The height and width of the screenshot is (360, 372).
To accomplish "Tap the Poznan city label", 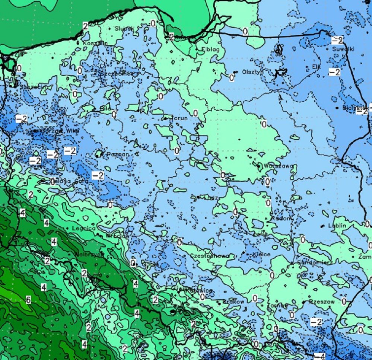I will (x=118, y=154).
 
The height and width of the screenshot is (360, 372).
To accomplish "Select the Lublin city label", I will (x=337, y=226).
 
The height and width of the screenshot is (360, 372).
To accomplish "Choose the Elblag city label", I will (x=210, y=49).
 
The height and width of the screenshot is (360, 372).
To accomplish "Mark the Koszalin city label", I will (x=96, y=43).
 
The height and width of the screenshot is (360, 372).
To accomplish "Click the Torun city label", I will (x=179, y=118).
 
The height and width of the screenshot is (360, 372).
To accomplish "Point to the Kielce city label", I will (x=261, y=254).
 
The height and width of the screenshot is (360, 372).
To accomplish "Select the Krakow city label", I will (x=234, y=302).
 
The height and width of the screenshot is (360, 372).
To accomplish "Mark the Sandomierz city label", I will (x=314, y=262).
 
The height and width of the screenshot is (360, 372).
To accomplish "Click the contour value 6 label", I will (x=28, y=300).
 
